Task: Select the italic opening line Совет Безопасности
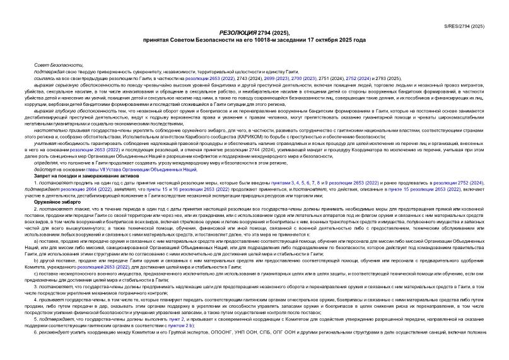tap(58, 66)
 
